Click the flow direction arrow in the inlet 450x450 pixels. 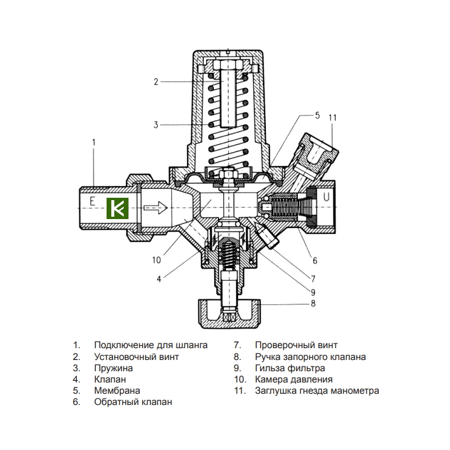pos(156,207)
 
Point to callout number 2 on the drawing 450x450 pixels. pos(156,82)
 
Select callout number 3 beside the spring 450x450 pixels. pos(156,125)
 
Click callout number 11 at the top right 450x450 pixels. pos(332,117)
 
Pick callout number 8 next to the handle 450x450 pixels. pos(313,304)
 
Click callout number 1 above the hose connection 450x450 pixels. pos(94,142)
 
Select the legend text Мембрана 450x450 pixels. pos(117,391)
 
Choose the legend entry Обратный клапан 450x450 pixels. pos(133,402)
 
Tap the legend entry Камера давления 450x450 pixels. pos(294,380)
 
